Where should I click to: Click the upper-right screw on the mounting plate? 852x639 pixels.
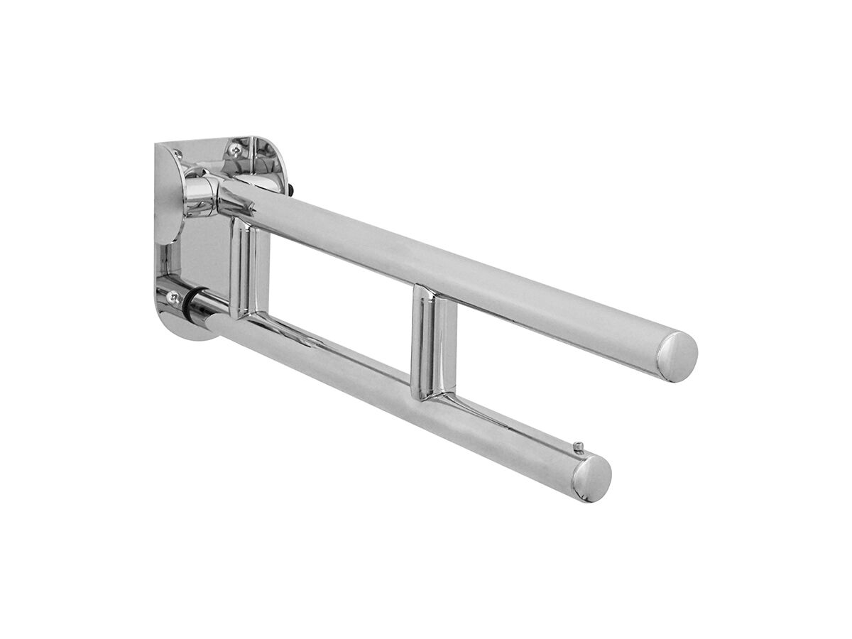click(234, 149)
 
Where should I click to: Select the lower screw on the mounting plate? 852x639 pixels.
click(173, 297)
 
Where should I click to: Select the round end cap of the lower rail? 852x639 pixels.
click(591, 478)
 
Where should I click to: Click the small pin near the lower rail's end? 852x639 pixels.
click(578, 447)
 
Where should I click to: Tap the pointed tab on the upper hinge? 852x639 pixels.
click(245, 206)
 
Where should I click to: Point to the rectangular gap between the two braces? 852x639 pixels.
click(341, 298)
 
